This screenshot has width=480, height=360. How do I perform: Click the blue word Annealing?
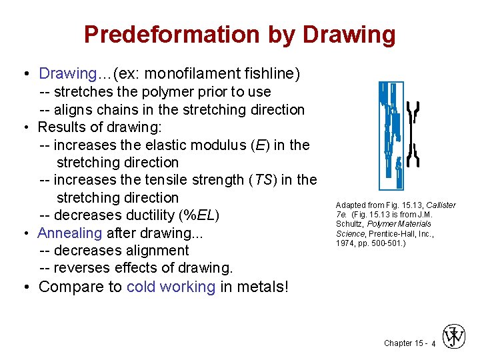point(69,233)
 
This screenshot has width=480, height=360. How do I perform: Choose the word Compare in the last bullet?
point(80,287)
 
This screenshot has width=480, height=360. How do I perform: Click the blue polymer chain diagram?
point(391,134)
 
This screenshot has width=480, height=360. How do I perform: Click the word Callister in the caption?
point(441,205)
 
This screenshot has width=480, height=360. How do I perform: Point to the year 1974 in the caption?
point(347,243)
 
